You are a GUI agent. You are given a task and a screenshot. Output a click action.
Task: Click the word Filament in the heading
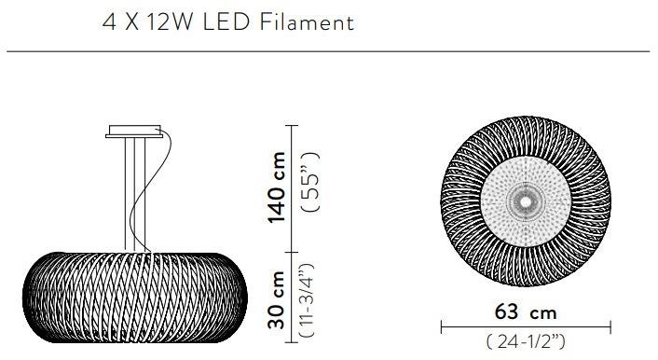[308, 21]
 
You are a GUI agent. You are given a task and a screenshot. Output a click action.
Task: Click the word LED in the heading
[226, 21]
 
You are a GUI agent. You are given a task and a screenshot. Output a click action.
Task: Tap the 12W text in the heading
[170, 21]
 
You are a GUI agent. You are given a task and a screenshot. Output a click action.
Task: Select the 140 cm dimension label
[277, 187]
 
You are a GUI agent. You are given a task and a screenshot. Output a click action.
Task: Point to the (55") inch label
[311, 182]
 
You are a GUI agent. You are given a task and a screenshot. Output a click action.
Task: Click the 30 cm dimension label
[277, 300]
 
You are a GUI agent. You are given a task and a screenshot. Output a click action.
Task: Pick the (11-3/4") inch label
[307, 300]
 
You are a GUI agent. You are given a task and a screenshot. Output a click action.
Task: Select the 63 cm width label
[526, 312]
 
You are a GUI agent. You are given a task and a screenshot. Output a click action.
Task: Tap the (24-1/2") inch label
[526, 341]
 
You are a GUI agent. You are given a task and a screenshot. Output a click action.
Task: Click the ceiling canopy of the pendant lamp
[134, 132]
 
